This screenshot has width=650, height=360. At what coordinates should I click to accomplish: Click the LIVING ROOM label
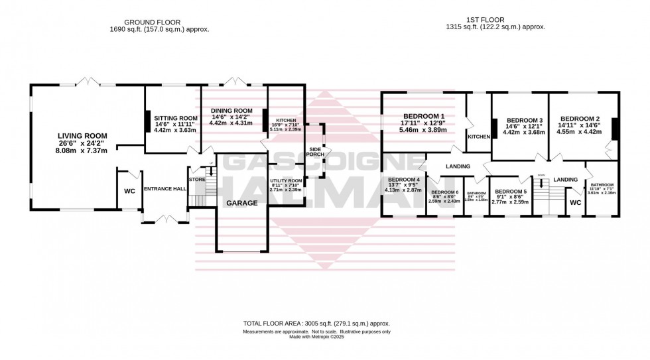click(82, 136)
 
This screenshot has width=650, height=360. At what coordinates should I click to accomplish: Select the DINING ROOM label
click(231, 110)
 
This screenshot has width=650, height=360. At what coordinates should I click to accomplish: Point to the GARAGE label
click(242, 204)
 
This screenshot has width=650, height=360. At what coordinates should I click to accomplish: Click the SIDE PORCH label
click(314, 151)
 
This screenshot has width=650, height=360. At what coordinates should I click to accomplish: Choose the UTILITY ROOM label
click(286, 180)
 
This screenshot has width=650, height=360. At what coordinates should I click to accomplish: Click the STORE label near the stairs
click(197, 178)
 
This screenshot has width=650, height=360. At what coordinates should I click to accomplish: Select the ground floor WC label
click(129, 192)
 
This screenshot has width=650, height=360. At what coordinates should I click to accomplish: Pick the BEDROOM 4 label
click(403, 179)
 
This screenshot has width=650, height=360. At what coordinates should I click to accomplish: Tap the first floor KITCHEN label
click(478, 136)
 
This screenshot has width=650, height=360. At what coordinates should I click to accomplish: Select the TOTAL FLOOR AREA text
click(316, 324)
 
